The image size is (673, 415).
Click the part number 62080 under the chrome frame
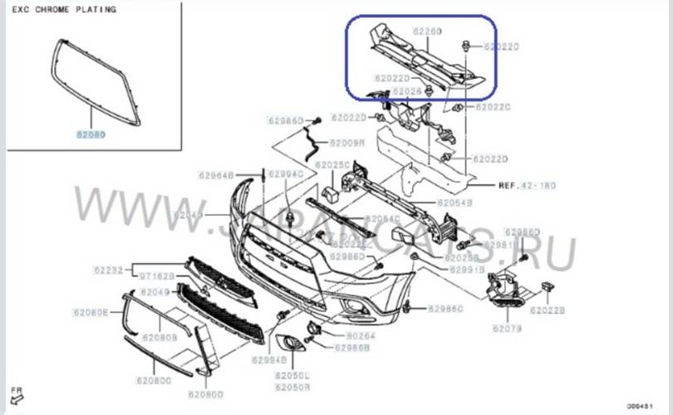pyautogui.click(x=91, y=133)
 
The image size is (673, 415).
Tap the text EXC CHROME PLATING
pyautogui.click(x=62, y=10)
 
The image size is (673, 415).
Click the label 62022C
pyautogui.click(x=494, y=107)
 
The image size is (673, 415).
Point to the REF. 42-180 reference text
pyautogui.click(x=527, y=185)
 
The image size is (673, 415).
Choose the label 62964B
pyautogui.click(x=216, y=175)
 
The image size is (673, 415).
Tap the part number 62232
pyautogui.click(x=108, y=271)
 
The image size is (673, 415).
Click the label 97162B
pyautogui.click(x=156, y=276)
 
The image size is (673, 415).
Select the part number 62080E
pyautogui.click(x=90, y=313)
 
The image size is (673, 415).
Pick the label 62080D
pyautogui.click(x=206, y=393)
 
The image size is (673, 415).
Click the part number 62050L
pyautogui.click(x=292, y=376)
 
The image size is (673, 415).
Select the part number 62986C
pyautogui.click(x=446, y=309)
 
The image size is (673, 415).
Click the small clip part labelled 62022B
pyautogui.click(x=548, y=286)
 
